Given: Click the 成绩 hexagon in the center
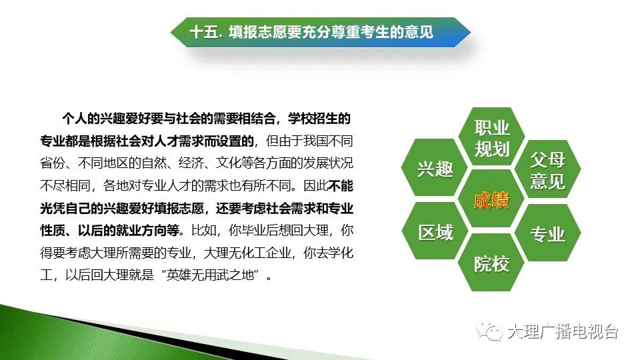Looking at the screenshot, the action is tap(491, 199).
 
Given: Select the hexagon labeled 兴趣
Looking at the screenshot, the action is tap(435, 168).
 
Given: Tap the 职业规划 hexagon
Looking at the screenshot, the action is tap(491, 137).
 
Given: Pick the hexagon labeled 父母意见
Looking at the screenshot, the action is tap(547, 169).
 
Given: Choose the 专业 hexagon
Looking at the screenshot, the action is tap(547, 233).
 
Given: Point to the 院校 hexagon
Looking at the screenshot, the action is tap(491, 263).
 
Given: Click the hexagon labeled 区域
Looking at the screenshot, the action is tap(435, 231).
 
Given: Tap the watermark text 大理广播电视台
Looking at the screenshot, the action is tap(563, 331).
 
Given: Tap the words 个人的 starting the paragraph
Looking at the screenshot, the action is tap(81, 119).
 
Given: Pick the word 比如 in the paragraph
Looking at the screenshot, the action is tap(204, 230).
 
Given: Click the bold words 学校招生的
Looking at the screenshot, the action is tap(319, 119).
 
